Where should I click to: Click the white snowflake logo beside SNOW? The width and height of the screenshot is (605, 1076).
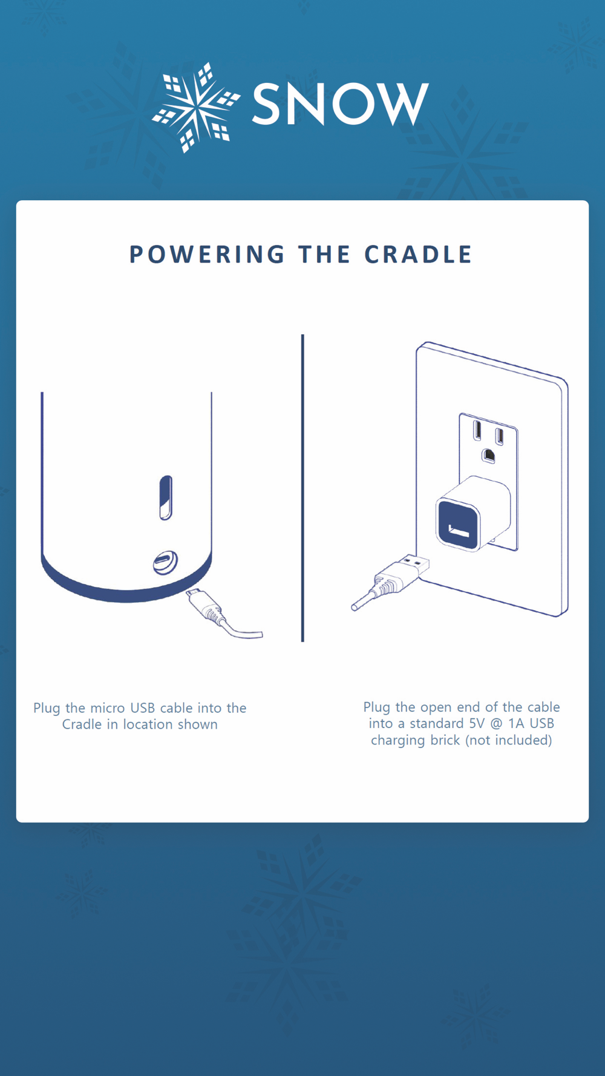tap(195, 107)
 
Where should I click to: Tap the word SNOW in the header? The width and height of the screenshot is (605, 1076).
tap(340, 105)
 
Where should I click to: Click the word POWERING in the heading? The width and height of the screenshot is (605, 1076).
tap(207, 255)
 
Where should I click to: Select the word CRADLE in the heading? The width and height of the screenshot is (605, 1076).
tap(418, 255)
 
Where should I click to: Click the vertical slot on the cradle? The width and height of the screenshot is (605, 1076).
tap(166, 497)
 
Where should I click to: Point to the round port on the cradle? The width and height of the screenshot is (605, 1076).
tap(165, 563)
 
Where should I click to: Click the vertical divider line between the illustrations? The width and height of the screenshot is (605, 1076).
tap(302, 488)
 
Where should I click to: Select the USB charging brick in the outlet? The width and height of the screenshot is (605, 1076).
tap(473, 513)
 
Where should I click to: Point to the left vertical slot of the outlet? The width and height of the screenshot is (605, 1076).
tap(477, 430)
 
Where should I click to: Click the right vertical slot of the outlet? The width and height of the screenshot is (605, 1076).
tap(499, 436)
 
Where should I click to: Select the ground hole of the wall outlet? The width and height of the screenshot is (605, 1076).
tap(488, 455)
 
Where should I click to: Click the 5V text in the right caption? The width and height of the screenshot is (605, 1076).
tap(477, 723)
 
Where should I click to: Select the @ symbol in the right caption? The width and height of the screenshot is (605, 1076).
tap(496, 724)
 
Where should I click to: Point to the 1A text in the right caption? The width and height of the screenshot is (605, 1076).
tap(516, 723)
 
